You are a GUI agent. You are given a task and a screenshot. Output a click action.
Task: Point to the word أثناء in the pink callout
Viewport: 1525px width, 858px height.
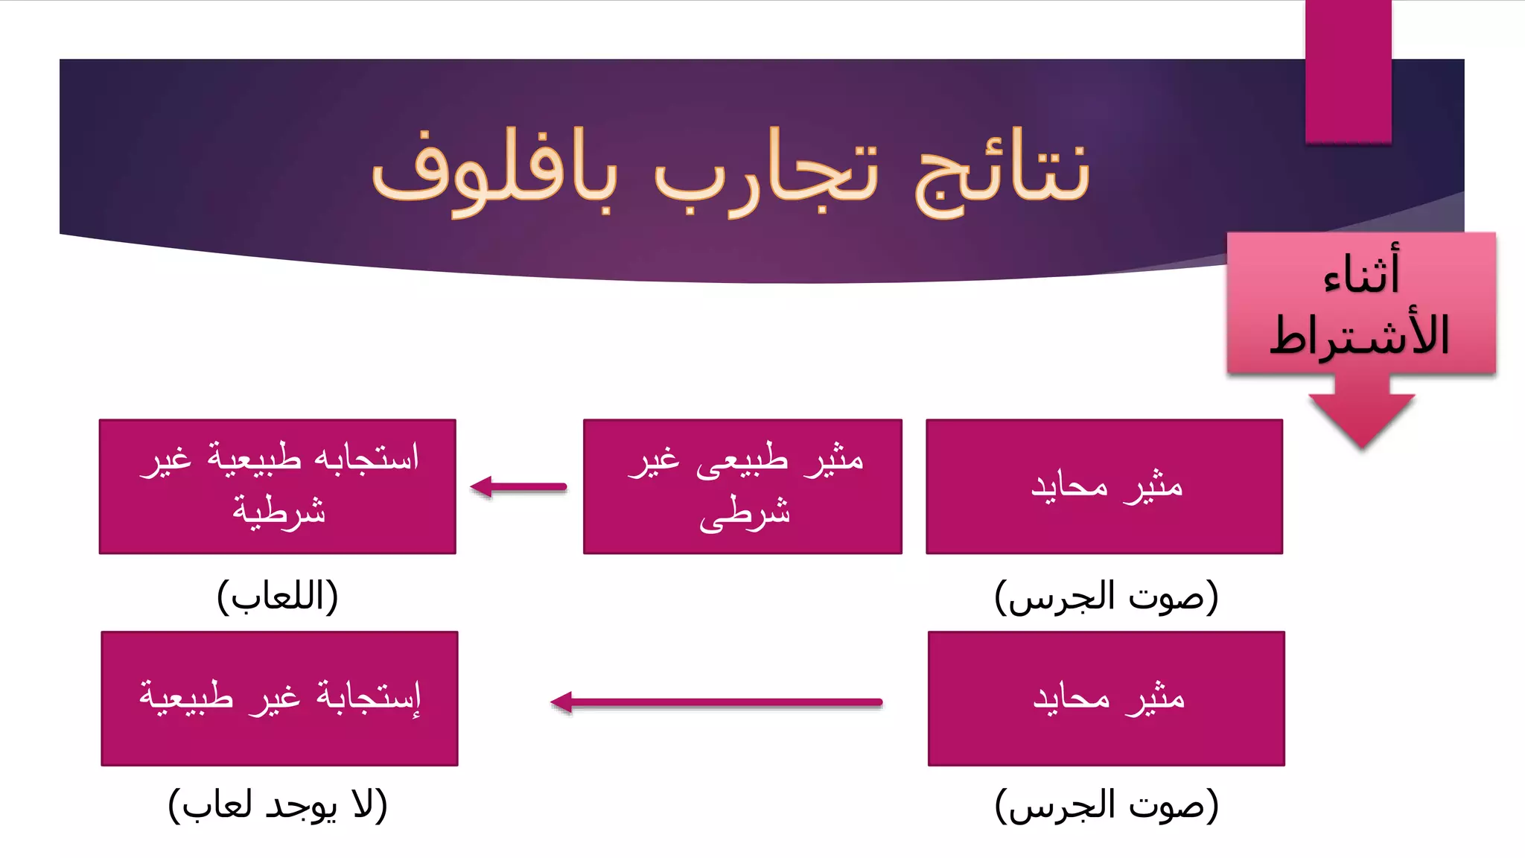pos(1361,273)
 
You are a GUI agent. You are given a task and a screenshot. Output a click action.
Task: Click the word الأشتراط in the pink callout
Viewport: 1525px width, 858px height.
pos(1360,335)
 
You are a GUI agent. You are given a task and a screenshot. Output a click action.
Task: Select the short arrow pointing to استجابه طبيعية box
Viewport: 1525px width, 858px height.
pos(518,487)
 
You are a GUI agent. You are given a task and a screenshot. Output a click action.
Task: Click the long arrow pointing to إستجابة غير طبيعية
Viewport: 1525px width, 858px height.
pos(716,702)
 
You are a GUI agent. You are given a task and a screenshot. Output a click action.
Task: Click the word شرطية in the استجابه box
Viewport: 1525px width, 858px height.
pos(278,511)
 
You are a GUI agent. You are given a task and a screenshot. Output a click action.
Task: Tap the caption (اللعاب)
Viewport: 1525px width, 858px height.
pos(278,596)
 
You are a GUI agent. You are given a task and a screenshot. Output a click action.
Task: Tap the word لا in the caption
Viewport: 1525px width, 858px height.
pos(363,804)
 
